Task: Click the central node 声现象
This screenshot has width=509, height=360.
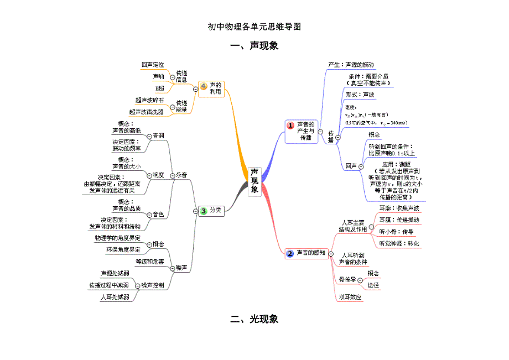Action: click(x=254, y=181)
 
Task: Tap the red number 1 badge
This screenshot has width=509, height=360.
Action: click(x=290, y=126)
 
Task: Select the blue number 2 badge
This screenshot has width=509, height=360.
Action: click(x=290, y=253)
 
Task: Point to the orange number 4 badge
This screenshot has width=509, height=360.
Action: click(x=204, y=86)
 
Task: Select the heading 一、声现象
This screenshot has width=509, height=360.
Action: click(x=254, y=46)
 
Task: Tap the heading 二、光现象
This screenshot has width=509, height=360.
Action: click(x=254, y=319)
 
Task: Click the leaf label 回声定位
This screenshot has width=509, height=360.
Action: click(x=153, y=65)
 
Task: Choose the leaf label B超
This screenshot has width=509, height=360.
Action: click(x=160, y=88)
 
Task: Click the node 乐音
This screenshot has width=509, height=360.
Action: click(x=181, y=175)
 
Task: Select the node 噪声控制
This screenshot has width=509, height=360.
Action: click(x=152, y=285)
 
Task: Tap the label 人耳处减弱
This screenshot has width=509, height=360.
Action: click(x=115, y=297)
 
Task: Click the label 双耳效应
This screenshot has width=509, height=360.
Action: click(x=350, y=297)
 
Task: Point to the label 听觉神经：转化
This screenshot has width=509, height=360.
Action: click(x=399, y=243)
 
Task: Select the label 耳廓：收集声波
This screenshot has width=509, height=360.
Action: click(x=399, y=208)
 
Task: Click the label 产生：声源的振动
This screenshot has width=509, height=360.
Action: click(x=351, y=65)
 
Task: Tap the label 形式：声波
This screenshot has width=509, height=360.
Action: click(x=360, y=95)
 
